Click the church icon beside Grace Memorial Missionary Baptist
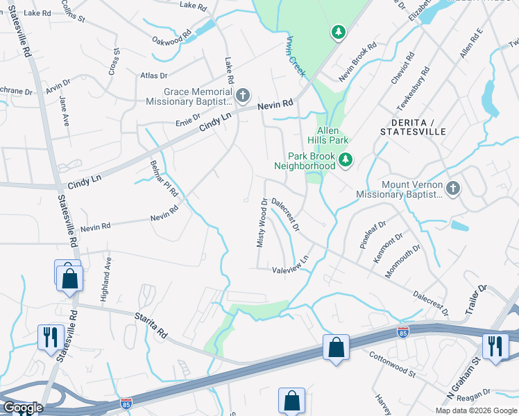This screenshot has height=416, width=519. (x=242, y=94)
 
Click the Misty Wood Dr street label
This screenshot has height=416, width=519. (x=262, y=223)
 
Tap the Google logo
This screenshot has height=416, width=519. (x=22, y=408)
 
